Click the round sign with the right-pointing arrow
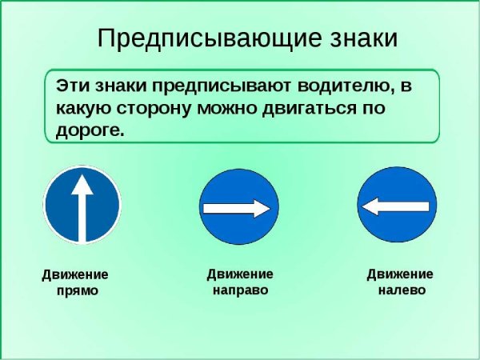point(238,207)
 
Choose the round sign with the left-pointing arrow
point(397,207)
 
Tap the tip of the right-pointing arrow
point(272,209)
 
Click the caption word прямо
point(78,290)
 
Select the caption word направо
point(239,290)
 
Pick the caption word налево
point(401,290)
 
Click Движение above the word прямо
point(75,274)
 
